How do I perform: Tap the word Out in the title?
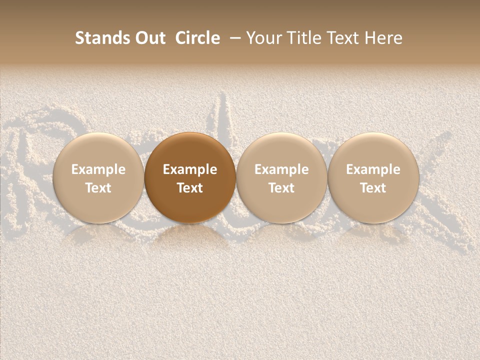(149, 38)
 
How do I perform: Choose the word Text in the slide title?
(341, 38)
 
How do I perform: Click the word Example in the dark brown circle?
(190, 169)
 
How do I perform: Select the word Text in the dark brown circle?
(190, 188)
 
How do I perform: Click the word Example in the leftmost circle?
(98, 169)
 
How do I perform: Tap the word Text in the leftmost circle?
(98, 188)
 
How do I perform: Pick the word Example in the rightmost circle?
(373, 169)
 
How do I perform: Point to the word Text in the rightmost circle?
(373, 188)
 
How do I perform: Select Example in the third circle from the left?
(281, 169)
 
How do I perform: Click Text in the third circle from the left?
(281, 188)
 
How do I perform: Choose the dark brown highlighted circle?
(190, 150)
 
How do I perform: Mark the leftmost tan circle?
(98, 150)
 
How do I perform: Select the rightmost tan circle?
(373, 150)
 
